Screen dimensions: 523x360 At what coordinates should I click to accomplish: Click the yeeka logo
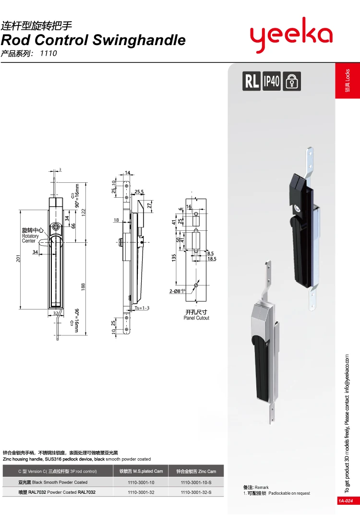tap(291, 35)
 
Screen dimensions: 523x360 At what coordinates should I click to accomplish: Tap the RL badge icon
tap(252, 81)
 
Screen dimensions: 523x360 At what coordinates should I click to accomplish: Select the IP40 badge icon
tap(272, 81)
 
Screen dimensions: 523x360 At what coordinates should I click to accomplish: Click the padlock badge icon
tap(291, 81)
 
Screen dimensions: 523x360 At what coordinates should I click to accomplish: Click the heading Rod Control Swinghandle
tap(93, 40)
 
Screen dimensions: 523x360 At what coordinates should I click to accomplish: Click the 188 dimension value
tap(83, 286)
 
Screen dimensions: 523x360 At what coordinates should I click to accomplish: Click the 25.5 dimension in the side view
tap(139, 192)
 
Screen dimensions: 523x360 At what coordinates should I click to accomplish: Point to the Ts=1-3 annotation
tap(143, 308)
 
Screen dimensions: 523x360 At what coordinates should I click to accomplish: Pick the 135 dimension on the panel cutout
tap(174, 257)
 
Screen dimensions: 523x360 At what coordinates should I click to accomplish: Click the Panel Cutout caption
tap(196, 318)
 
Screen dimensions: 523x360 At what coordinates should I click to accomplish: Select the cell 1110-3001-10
tap(141, 482)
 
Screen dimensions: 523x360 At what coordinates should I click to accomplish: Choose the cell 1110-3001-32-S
tap(196, 492)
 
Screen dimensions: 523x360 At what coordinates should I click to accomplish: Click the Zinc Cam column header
tap(196, 471)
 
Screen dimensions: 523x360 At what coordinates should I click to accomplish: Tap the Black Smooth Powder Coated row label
tap(53, 482)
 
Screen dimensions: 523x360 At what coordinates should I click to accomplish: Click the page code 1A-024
tap(346, 501)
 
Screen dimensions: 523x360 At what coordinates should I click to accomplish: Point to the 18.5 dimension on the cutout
tap(212, 259)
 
